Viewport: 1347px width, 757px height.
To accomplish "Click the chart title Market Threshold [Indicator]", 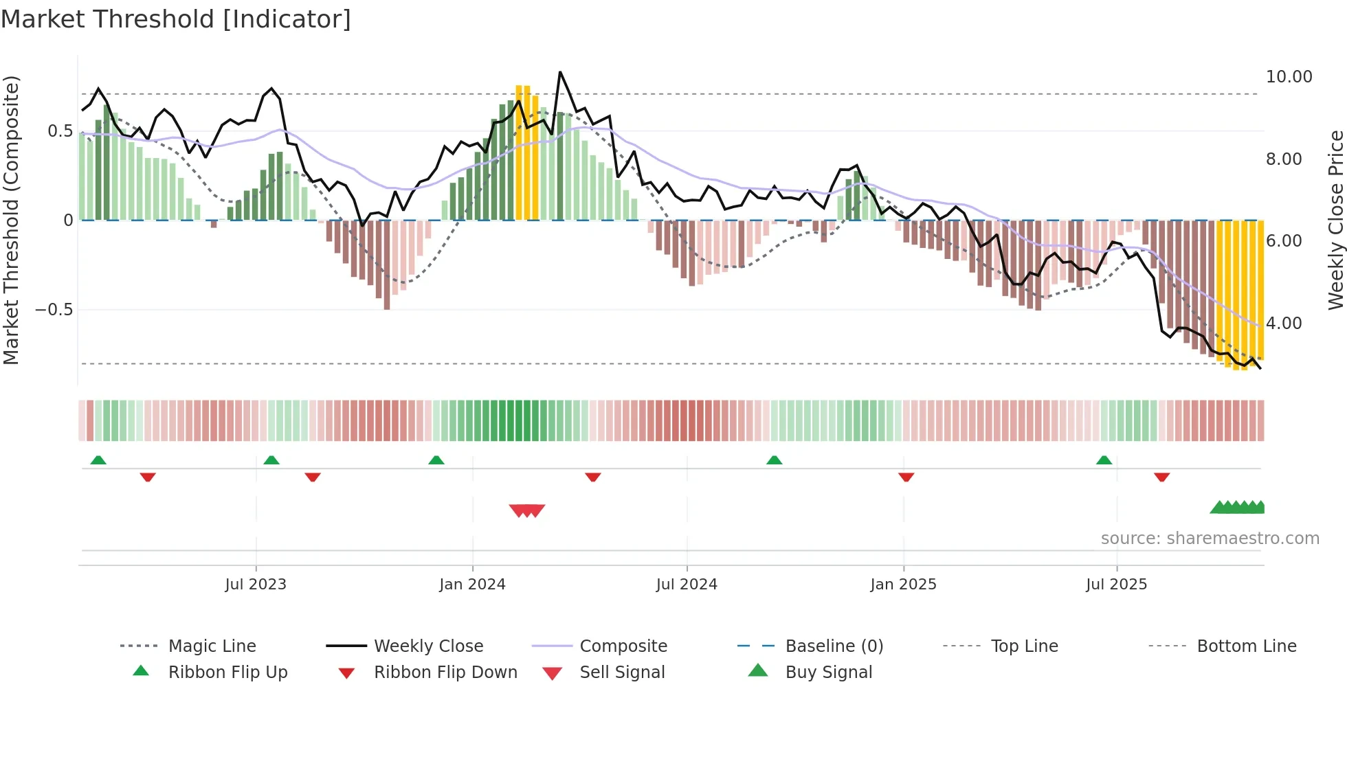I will click(x=176, y=19).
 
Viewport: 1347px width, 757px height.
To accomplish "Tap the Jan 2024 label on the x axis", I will click(x=472, y=585).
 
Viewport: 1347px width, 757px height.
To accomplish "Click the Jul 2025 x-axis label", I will click(x=1116, y=585).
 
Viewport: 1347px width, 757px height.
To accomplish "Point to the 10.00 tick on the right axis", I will click(x=1289, y=77).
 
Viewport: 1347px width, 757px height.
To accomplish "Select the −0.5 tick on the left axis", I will click(x=54, y=310).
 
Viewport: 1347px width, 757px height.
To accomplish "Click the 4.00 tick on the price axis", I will click(x=1283, y=324).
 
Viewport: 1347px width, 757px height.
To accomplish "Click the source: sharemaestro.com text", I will click(x=1210, y=539).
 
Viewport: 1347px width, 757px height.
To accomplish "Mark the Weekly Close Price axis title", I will click(x=1335, y=220).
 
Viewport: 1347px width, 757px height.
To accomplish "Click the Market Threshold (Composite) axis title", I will click(x=11, y=220).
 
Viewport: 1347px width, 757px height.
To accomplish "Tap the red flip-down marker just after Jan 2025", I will click(x=906, y=477).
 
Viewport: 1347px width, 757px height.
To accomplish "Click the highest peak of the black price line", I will click(x=560, y=72).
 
